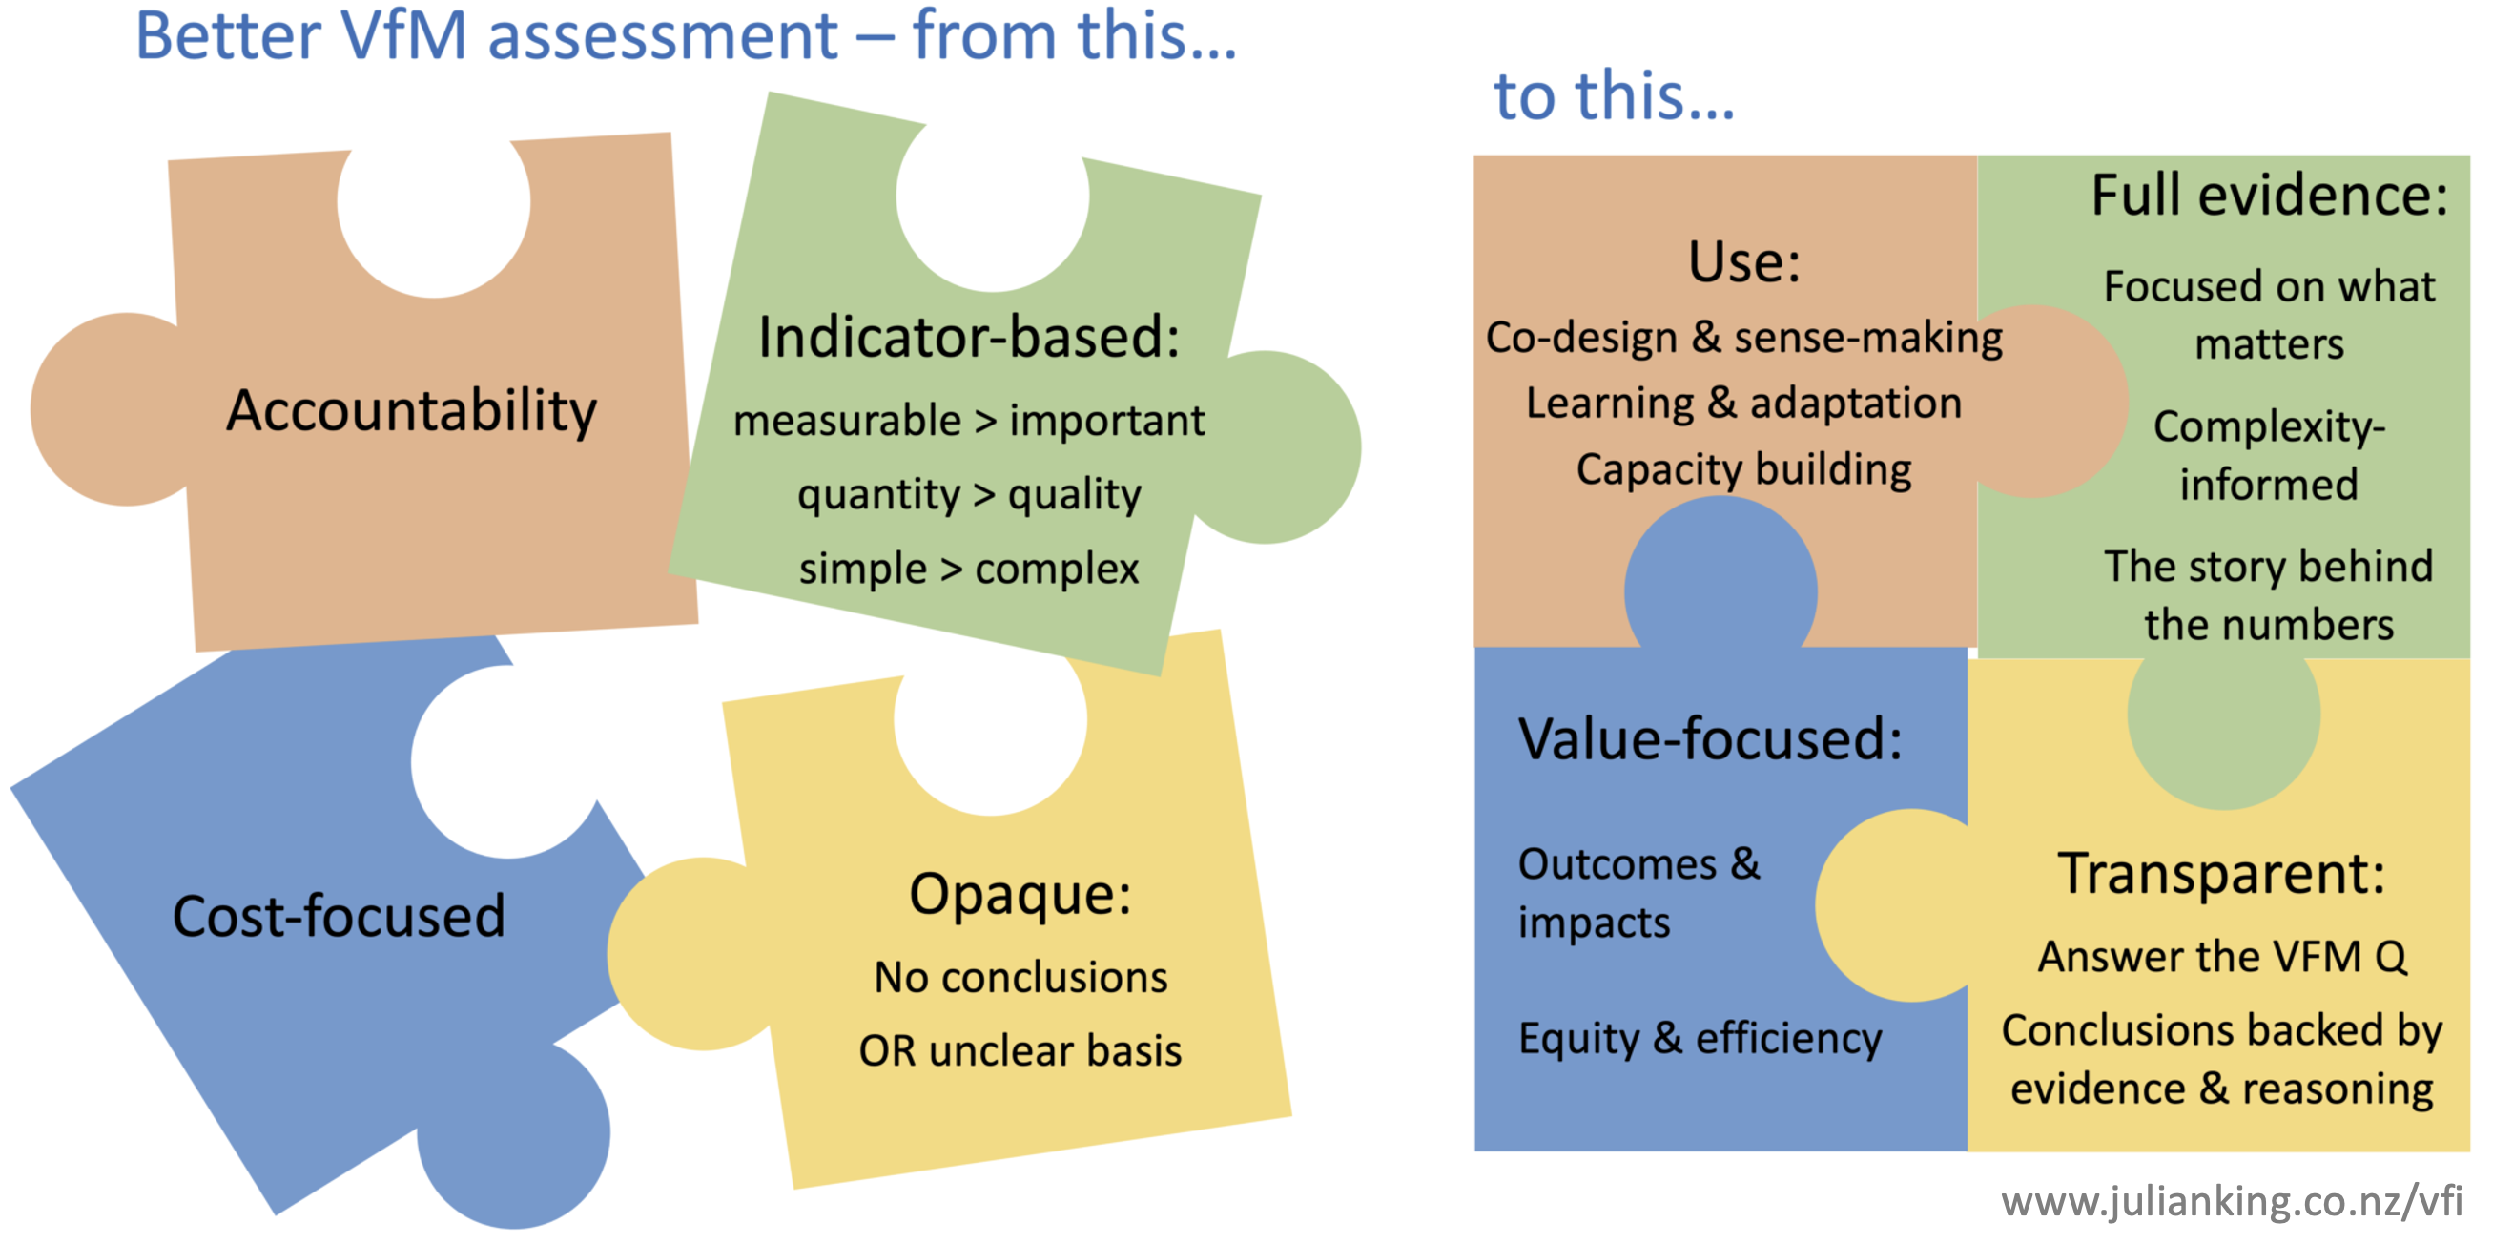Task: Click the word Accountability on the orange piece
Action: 411,410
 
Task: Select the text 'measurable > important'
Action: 969,421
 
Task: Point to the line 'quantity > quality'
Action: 969,495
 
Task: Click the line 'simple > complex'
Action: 969,569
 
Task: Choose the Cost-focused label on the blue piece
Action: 339,916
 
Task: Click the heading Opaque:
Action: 1020,893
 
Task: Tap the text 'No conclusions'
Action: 1021,977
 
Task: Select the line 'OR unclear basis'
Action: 1020,1050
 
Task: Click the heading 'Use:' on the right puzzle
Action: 1744,261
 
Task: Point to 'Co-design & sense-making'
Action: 1744,338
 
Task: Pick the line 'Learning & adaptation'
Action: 1744,404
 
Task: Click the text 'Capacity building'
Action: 1744,469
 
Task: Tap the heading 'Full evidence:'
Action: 2270,195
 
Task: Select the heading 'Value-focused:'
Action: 1710,738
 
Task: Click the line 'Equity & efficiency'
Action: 1700,1039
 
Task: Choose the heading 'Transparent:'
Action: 2221,873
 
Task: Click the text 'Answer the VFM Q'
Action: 2222,957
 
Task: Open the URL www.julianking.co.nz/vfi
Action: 2232,1201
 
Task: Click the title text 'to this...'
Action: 1615,95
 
